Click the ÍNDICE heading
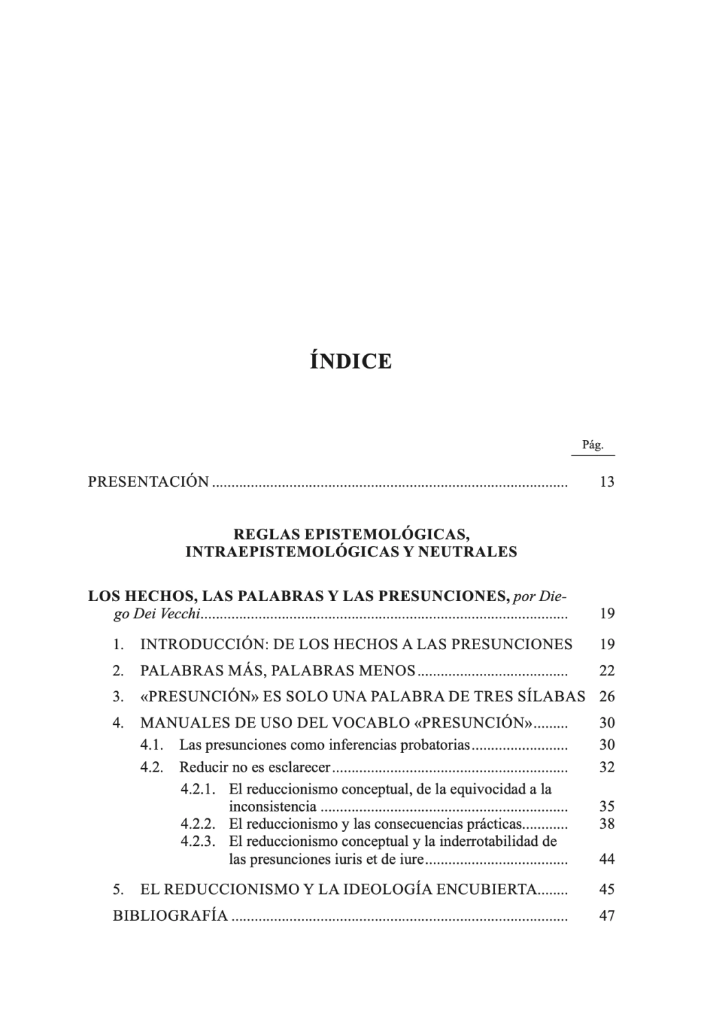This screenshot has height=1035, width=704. coord(351,361)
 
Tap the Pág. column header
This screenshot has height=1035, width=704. coord(593,445)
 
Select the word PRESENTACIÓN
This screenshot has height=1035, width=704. coord(148,481)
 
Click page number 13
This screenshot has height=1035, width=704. coord(606,481)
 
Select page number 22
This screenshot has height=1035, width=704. coord(606,671)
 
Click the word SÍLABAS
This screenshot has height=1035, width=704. coord(552,696)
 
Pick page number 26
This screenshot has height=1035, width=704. coord(606,696)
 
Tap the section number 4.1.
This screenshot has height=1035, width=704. coord(151,745)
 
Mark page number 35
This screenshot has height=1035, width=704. coord(606,806)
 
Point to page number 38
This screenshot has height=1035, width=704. coord(606,823)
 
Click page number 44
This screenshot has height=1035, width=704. coord(606,859)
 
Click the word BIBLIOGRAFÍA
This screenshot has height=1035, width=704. coord(170,915)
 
